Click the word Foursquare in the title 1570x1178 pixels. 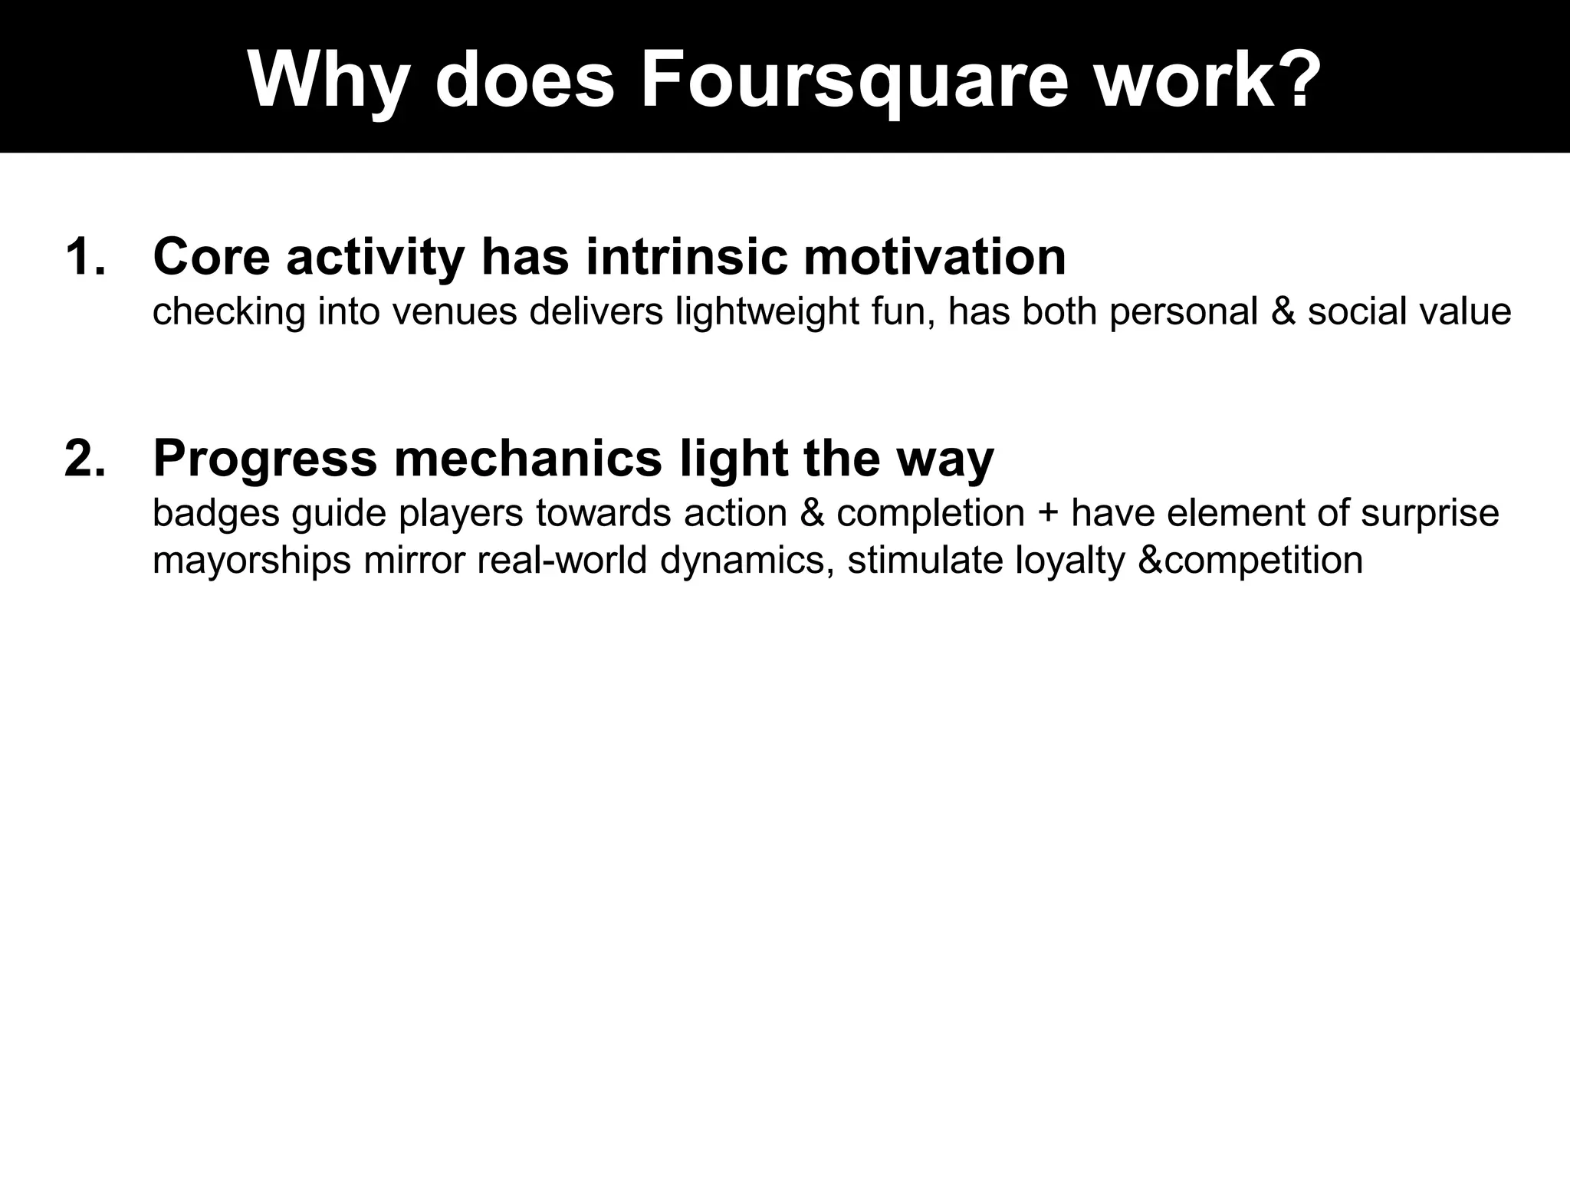click(853, 81)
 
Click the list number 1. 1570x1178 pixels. click(84, 257)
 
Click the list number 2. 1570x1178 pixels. click(84, 459)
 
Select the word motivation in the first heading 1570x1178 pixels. click(934, 257)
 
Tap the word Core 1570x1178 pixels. click(212, 257)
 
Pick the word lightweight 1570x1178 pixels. click(767, 312)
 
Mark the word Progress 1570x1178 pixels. click(265, 459)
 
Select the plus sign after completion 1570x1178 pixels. click(1047, 513)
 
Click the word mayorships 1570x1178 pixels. click(251, 561)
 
